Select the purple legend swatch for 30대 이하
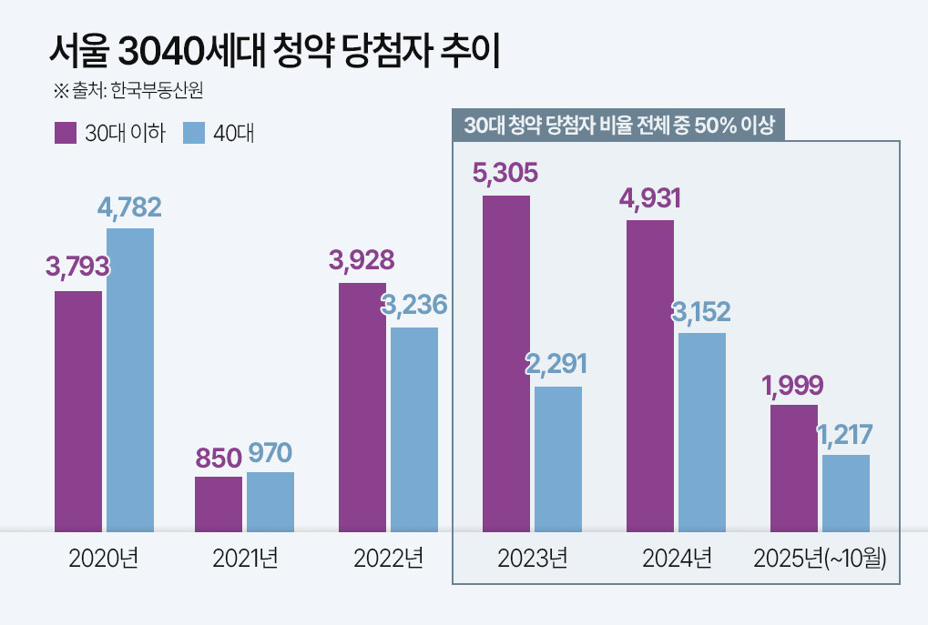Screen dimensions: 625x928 (66, 133)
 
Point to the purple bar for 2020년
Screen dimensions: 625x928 (78, 411)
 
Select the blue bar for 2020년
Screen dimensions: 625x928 (130, 379)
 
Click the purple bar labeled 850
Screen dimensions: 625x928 (219, 504)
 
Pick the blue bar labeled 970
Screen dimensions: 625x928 (270, 501)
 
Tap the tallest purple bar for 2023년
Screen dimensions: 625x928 (506, 363)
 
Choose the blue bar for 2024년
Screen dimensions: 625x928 (702, 432)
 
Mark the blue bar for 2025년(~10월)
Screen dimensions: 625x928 (846, 493)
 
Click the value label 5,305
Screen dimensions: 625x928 (505, 173)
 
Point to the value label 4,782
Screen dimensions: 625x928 (129, 207)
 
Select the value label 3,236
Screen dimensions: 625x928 (414, 306)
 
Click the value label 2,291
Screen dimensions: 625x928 (556, 365)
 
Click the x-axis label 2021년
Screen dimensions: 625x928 (245, 559)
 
